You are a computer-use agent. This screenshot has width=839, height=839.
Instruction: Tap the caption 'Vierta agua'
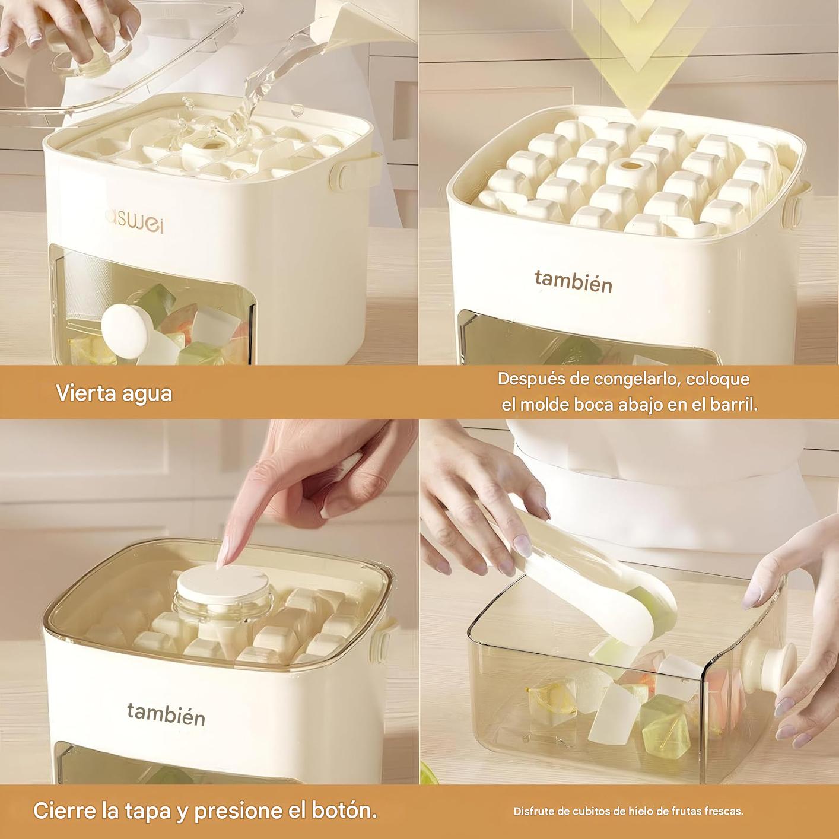point(114,393)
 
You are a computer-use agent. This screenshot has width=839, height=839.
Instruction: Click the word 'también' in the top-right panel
point(573,282)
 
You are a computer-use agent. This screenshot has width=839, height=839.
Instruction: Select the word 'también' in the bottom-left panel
point(166,714)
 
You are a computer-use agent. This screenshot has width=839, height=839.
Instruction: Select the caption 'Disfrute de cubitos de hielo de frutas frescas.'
point(628,811)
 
